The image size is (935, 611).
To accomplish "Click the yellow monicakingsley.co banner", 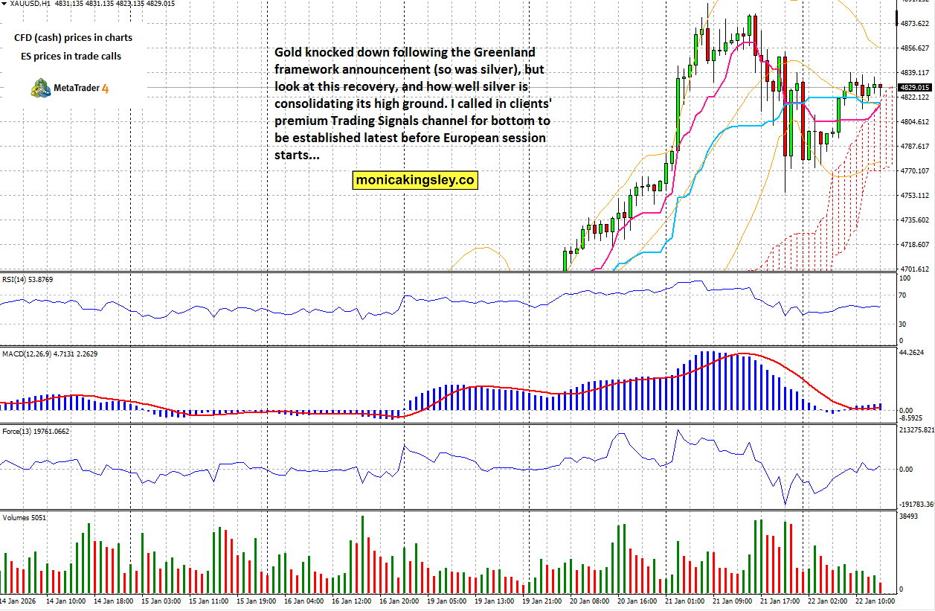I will [415, 179].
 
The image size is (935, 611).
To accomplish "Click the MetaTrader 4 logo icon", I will [40, 88].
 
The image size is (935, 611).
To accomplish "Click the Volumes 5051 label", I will [21, 516].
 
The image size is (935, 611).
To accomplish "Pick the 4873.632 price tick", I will [915, 24].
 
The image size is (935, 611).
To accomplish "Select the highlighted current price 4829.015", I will [915, 88].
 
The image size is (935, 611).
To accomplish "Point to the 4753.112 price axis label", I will [915, 196].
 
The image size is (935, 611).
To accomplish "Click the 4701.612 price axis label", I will [915, 269].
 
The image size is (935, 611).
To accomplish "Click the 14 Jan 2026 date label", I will [18, 600].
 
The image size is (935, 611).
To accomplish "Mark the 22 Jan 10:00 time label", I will [873, 600].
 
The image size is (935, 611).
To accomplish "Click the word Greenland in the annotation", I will [501, 52].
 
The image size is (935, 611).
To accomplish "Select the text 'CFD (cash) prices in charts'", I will [73, 37].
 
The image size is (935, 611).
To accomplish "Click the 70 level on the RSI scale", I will [902, 295].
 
